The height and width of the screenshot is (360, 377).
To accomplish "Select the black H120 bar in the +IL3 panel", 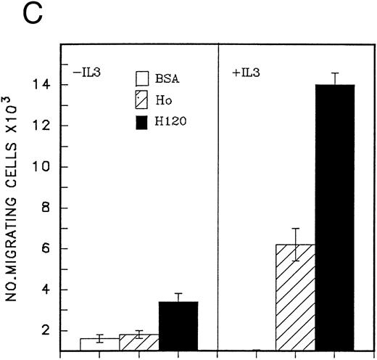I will pyautogui.click(x=334, y=218).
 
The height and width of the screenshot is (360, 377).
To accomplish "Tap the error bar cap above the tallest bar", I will pyautogui.click(x=334, y=73).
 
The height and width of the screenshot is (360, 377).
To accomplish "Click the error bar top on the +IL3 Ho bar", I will pyautogui.click(x=294, y=229).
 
